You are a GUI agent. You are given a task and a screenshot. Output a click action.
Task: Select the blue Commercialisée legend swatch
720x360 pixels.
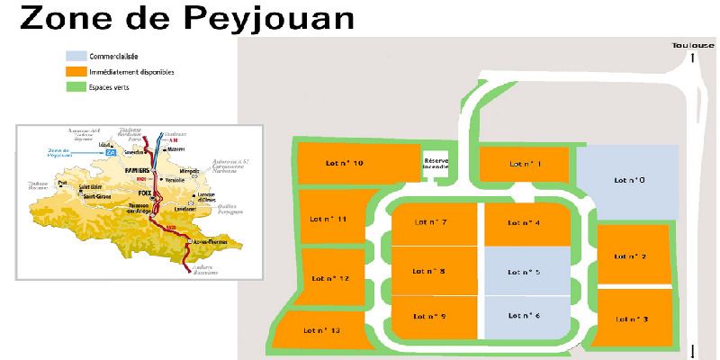(75, 57)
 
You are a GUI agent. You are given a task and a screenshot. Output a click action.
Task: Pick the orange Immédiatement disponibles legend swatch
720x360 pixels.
(75, 71)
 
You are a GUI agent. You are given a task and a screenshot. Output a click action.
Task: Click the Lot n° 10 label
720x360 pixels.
(346, 163)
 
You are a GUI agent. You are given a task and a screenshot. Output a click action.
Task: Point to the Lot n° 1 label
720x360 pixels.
(525, 164)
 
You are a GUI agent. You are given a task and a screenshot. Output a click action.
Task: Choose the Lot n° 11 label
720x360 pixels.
(328, 219)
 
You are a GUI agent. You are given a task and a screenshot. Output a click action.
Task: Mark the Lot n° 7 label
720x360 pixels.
(431, 221)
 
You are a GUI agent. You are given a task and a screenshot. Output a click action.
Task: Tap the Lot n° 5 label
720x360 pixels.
(524, 271)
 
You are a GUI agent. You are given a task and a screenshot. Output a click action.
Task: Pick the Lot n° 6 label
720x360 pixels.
(524, 315)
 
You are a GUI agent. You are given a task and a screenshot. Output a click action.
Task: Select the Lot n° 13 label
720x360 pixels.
(322, 331)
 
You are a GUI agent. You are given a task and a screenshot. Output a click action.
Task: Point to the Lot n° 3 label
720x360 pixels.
(633, 319)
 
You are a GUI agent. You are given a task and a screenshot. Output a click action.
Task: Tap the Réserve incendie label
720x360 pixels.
(436, 163)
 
